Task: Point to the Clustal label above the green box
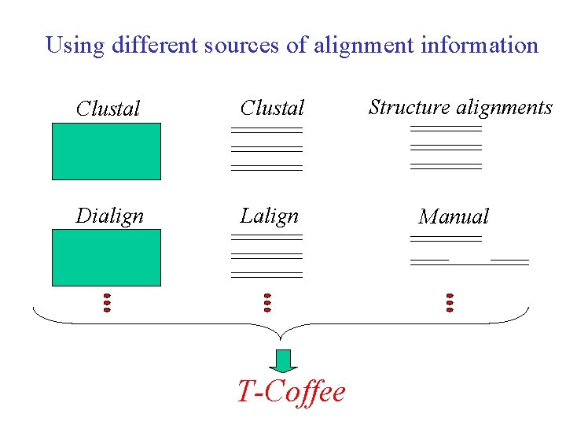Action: point(108,109)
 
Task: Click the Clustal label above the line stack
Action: point(272,107)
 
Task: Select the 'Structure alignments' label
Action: point(461,107)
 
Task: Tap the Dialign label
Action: point(109,216)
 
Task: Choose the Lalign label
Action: point(270,216)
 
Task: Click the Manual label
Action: point(454,216)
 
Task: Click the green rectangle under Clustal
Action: point(106,151)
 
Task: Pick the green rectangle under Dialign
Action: point(106,257)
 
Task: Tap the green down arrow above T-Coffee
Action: point(283,360)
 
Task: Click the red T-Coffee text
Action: point(292,391)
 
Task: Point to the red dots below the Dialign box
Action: point(107,303)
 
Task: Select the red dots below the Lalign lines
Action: point(267,303)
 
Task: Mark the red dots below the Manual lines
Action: point(450,303)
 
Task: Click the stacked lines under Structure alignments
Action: point(446,147)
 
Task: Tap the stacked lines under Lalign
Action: point(267,256)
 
